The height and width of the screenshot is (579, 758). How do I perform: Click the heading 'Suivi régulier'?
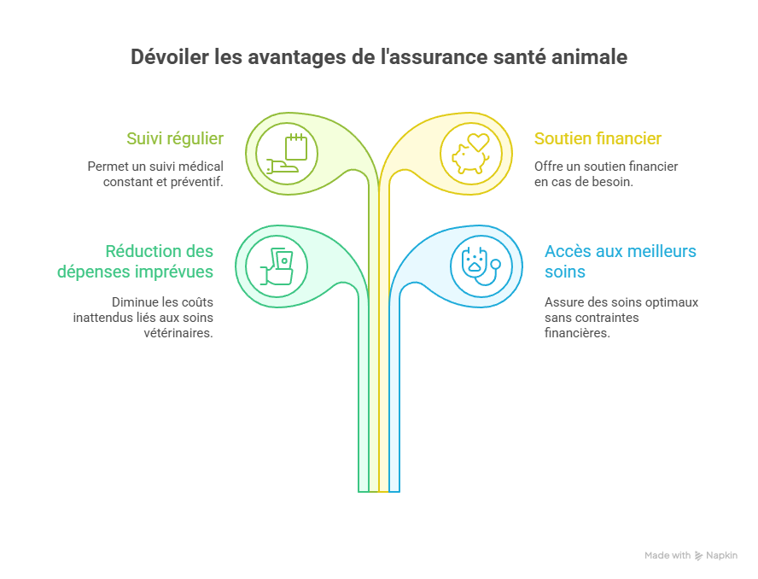tap(175, 138)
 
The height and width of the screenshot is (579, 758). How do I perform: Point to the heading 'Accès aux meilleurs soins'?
tap(620, 261)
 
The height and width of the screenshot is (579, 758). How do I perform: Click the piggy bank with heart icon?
tap(471, 154)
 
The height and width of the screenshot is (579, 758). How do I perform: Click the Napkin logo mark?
tap(699, 556)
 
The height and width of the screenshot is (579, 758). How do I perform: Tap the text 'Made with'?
tap(668, 556)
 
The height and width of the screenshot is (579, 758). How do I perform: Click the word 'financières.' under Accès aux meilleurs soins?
tap(577, 333)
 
